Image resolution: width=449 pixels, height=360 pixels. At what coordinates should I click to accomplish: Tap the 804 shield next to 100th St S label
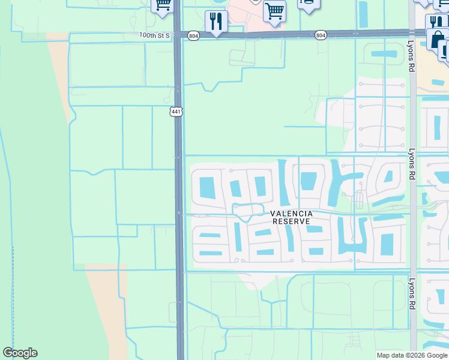[x=193, y=36]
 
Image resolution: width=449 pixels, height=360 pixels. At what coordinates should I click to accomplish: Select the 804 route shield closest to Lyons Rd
[x=321, y=36]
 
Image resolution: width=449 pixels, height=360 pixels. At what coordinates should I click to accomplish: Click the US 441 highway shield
[x=175, y=112]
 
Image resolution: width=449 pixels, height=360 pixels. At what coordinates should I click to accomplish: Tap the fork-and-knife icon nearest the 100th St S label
[x=216, y=21]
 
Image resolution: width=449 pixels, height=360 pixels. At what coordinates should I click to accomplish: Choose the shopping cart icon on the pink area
[x=274, y=10]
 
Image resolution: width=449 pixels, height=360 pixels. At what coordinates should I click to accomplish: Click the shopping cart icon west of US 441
[x=162, y=6]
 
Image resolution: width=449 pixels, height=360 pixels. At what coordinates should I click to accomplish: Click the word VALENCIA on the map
[x=291, y=214]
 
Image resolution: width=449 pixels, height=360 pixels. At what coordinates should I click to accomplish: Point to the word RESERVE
[x=291, y=221]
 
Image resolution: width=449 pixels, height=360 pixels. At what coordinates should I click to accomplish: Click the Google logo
[x=20, y=353]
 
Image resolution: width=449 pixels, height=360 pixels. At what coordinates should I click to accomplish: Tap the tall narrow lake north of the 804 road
[x=363, y=14]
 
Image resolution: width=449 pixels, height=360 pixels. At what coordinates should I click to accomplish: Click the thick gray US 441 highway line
[x=179, y=270]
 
